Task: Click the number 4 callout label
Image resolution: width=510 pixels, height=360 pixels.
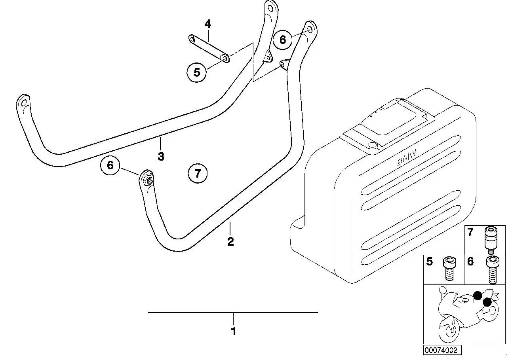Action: pyautogui.click(x=207, y=24)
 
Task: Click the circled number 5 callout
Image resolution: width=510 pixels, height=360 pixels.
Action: pyautogui.click(x=197, y=72)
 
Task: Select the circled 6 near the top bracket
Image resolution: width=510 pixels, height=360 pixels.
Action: pyautogui.click(x=283, y=40)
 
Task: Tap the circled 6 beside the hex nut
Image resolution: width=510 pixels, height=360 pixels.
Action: pyautogui.click(x=110, y=165)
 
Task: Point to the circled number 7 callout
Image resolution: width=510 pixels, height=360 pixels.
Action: pyautogui.click(x=198, y=174)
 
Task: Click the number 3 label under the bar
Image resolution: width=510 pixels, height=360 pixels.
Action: pyautogui.click(x=161, y=157)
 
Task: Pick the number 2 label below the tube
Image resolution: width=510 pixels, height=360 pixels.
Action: pyautogui.click(x=230, y=241)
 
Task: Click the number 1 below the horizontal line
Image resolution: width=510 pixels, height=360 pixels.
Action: pyautogui.click(x=234, y=332)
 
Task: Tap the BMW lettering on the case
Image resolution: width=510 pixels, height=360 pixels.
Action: pyautogui.click(x=407, y=157)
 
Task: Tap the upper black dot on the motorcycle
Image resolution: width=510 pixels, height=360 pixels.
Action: pyautogui.click(x=478, y=296)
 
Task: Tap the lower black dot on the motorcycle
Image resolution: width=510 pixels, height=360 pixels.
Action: pyautogui.click(x=487, y=302)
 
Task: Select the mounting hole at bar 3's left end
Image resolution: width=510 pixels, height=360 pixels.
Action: pyautogui.click(x=24, y=104)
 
